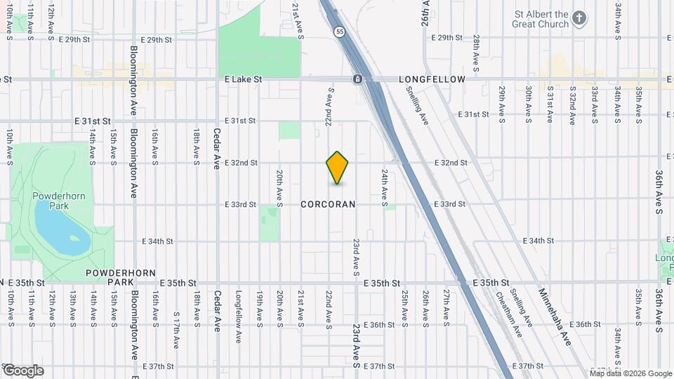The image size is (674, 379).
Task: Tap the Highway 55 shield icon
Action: click(x=340, y=32)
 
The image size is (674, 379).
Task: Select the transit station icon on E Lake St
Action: click(x=358, y=79)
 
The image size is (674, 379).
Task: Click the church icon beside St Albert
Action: click(x=579, y=18)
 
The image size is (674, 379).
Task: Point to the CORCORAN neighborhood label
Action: click(x=328, y=204)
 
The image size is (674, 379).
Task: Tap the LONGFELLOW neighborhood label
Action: click(x=432, y=79)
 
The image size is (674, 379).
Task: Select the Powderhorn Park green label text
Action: click(x=49, y=201)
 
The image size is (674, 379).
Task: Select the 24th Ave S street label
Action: click(x=385, y=187)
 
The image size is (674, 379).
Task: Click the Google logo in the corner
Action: click(x=24, y=370)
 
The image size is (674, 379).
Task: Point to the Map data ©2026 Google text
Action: click(x=630, y=373)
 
